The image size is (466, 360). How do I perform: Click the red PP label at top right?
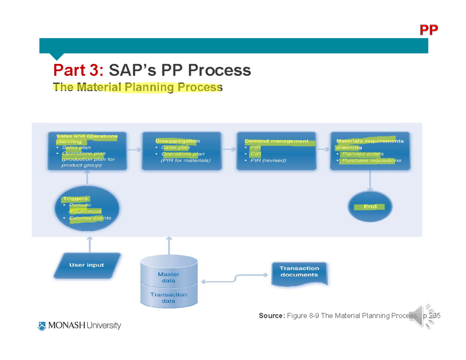(x=428, y=30)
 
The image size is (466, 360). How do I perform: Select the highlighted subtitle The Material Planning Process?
(x=137, y=87)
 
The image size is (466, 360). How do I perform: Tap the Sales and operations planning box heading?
(x=87, y=139)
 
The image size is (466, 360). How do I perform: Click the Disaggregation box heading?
(x=177, y=141)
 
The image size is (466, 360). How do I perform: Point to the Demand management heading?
(x=276, y=141)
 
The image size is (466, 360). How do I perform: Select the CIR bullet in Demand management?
(x=256, y=154)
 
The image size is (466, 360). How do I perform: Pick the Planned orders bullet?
(x=363, y=154)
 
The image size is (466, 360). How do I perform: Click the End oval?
(x=370, y=207)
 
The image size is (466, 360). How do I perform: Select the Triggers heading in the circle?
(x=75, y=198)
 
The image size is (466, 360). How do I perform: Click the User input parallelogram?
(x=87, y=265)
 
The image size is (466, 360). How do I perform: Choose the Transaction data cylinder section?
(x=169, y=297)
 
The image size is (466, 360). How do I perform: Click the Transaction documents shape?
(x=299, y=271)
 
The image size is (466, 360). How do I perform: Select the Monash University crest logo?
(x=42, y=325)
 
